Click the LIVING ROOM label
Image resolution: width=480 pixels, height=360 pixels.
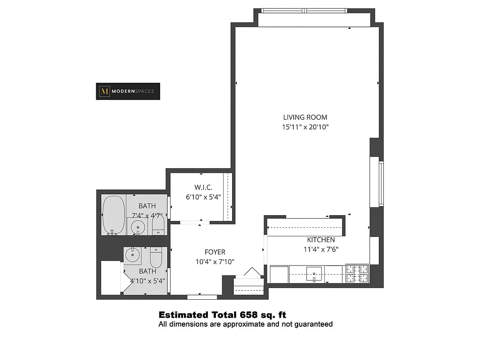pyautogui.click(x=305, y=117)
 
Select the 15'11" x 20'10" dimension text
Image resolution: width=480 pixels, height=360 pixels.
pyautogui.click(x=305, y=127)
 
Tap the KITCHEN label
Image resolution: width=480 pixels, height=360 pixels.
pyautogui.click(x=321, y=240)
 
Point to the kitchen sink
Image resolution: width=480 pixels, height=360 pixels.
pyautogui.click(x=314, y=273)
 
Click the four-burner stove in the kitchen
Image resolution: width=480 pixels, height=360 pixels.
pyautogui.click(x=357, y=274)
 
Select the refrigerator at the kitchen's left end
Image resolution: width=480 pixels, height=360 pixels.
pyautogui.click(x=279, y=274)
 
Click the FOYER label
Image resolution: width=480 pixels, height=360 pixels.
pyautogui.click(x=215, y=252)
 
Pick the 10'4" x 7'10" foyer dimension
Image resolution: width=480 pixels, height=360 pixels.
pyautogui.click(x=215, y=261)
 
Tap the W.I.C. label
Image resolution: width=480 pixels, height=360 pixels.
pyautogui.click(x=203, y=187)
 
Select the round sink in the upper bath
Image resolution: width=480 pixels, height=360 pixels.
pyautogui.click(x=138, y=228)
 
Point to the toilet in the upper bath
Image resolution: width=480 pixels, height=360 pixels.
pyautogui.click(x=157, y=224)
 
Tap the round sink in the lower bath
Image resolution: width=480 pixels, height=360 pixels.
pyautogui.click(x=133, y=255)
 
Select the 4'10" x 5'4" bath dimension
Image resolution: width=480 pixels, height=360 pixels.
pyautogui.click(x=148, y=280)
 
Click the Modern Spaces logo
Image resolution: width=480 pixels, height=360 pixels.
pyautogui.click(x=128, y=91)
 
